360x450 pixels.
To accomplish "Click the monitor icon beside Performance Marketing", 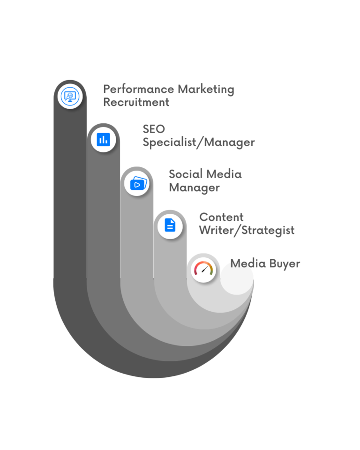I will [70, 97].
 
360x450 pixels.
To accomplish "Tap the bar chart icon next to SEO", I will [103, 139].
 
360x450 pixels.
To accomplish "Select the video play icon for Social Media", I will [138, 183].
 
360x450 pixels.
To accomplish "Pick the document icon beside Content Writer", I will [170, 225].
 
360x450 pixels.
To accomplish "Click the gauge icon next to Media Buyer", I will [203, 270].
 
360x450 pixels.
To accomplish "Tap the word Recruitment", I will [136, 102].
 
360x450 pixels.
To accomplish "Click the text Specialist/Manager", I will [199, 142].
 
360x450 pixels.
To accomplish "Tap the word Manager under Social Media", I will [194, 188].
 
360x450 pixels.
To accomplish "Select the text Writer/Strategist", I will [247, 230].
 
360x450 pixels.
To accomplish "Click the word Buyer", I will [283, 263].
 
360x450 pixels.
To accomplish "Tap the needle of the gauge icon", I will [204, 270].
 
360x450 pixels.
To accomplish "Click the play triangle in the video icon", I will [137, 184].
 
